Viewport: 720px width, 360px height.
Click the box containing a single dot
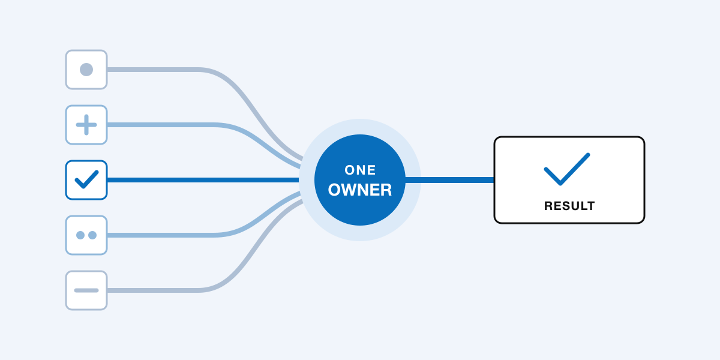pos(86,70)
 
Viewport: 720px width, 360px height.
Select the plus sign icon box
pos(86,125)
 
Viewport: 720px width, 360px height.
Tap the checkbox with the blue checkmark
pos(86,180)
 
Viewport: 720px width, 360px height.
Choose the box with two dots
pos(86,235)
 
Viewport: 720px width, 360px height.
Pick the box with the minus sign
pos(86,290)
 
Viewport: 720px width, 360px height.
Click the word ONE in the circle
pos(360,170)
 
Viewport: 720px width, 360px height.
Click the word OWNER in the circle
pos(360,190)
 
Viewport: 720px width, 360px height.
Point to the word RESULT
pos(569,206)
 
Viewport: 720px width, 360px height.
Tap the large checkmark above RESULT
pos(566,169)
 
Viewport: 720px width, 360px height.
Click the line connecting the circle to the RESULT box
pos(449,180)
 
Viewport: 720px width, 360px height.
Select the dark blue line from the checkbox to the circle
pos(203,180)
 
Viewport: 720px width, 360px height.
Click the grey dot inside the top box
pos(86,70)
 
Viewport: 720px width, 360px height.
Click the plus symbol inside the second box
pos(86,125)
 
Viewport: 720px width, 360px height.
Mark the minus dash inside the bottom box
pos(86,290)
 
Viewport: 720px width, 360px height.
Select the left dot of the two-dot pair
pos(80,235)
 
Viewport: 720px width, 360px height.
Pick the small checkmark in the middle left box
pos(86,179)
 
